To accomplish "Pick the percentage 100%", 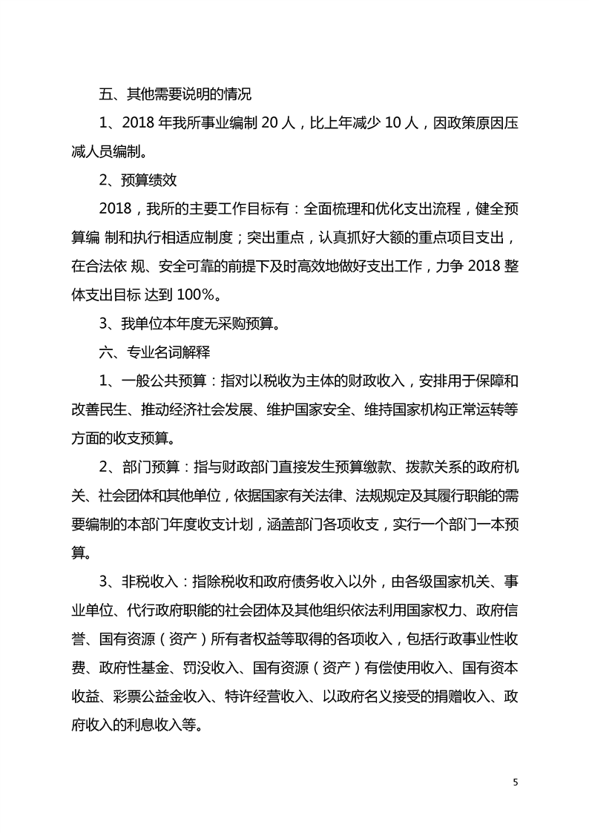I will click(x=198, y=295).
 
